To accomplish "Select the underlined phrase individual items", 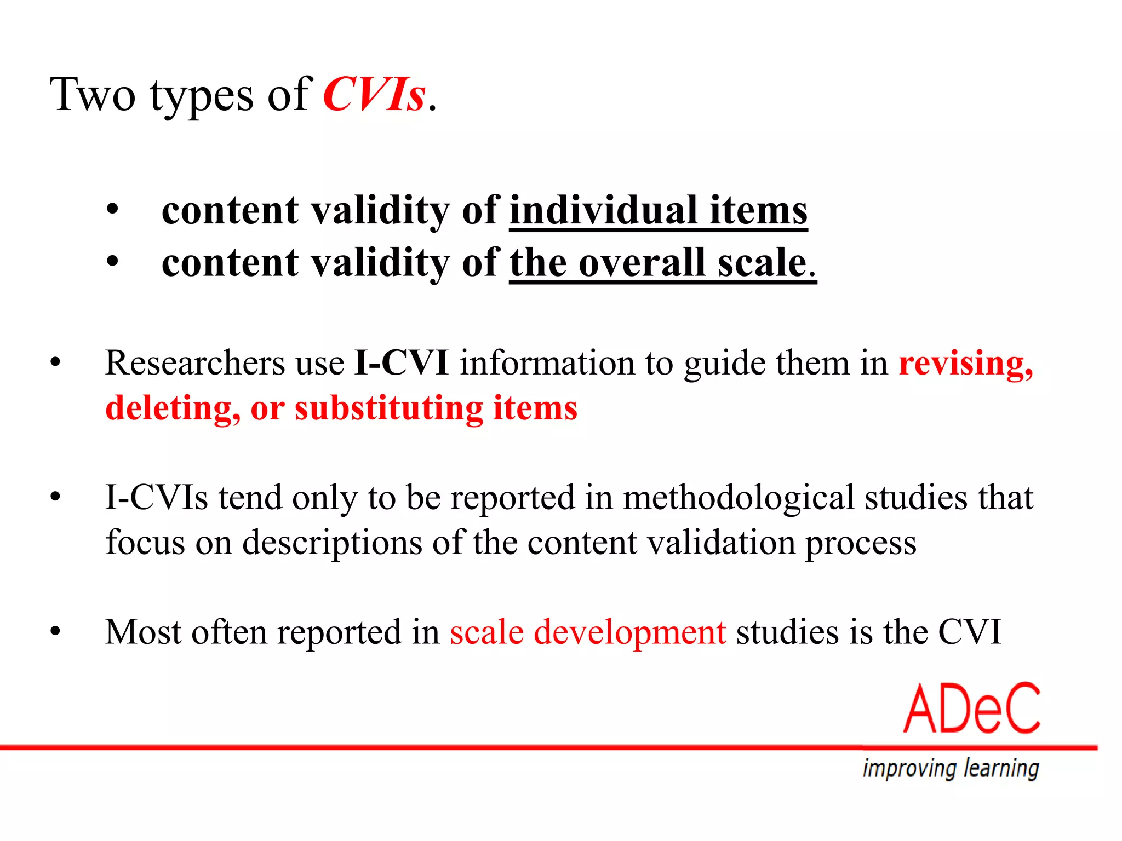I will pyautogui.click(x=658, y=211).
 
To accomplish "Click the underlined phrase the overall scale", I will pyautogui.click(x=662, y=263).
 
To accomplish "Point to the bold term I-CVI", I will pyautogui.click(x=402, y=363).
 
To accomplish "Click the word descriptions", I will pyautogui.click(x=332, y=543).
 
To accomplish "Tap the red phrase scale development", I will pyautogui.click(x=588, y=632).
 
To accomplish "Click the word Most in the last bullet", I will pyautogui.click(x=143, y=632).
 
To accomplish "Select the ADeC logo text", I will pyautogui.click(x=971, y=708).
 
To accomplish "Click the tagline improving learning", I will pyautogui.click(x=951, y=768).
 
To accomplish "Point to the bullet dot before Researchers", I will pyautogui.click(x=55, y=363).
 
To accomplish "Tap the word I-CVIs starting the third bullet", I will pyautogui.click(x=157, y=498).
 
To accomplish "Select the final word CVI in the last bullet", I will pyautogui.click(x=969, y=632).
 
